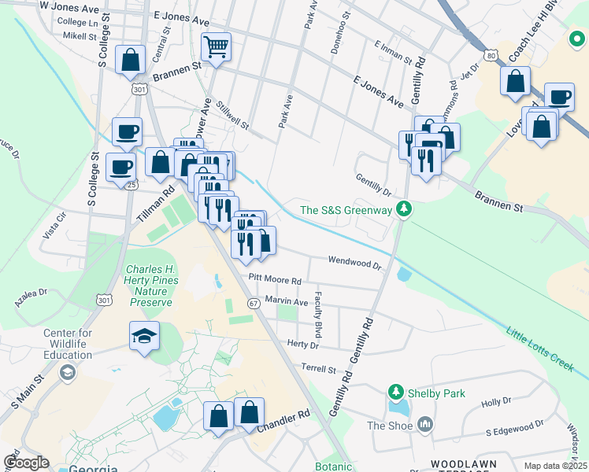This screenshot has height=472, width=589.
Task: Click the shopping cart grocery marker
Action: point(215,46)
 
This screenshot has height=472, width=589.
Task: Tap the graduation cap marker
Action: point(144,337)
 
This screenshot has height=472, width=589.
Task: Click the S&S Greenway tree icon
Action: point(404,209)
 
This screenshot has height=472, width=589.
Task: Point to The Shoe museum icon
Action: point(426,425)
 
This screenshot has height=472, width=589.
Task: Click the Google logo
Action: point(26,463)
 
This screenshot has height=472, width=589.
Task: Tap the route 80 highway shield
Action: point(491,56)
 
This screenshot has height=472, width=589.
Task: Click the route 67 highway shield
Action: point(254,303)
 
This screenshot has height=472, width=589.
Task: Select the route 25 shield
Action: point(132,184)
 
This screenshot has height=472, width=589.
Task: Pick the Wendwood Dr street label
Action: point(354,262)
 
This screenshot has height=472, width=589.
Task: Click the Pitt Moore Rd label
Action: point(275,279)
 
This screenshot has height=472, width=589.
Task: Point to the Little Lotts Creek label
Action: point(540,345)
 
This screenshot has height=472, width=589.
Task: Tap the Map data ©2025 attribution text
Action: point(555,466)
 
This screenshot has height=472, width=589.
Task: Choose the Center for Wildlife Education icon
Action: point(68,371)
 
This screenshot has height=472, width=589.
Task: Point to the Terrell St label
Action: point(318,368)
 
